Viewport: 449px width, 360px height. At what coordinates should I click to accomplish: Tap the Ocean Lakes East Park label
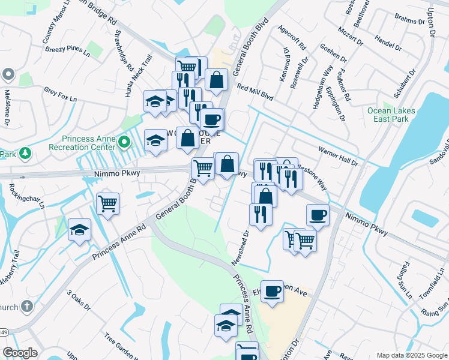391,115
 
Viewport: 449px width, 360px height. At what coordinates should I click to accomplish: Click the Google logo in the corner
20,353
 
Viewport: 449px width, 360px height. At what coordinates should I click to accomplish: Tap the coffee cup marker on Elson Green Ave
272,291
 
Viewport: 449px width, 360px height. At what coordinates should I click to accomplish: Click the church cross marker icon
26,307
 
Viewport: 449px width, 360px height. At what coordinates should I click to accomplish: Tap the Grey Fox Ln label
60,94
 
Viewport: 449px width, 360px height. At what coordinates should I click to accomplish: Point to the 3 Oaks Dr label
78,301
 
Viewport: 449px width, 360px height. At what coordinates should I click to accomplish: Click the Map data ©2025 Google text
411,355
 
